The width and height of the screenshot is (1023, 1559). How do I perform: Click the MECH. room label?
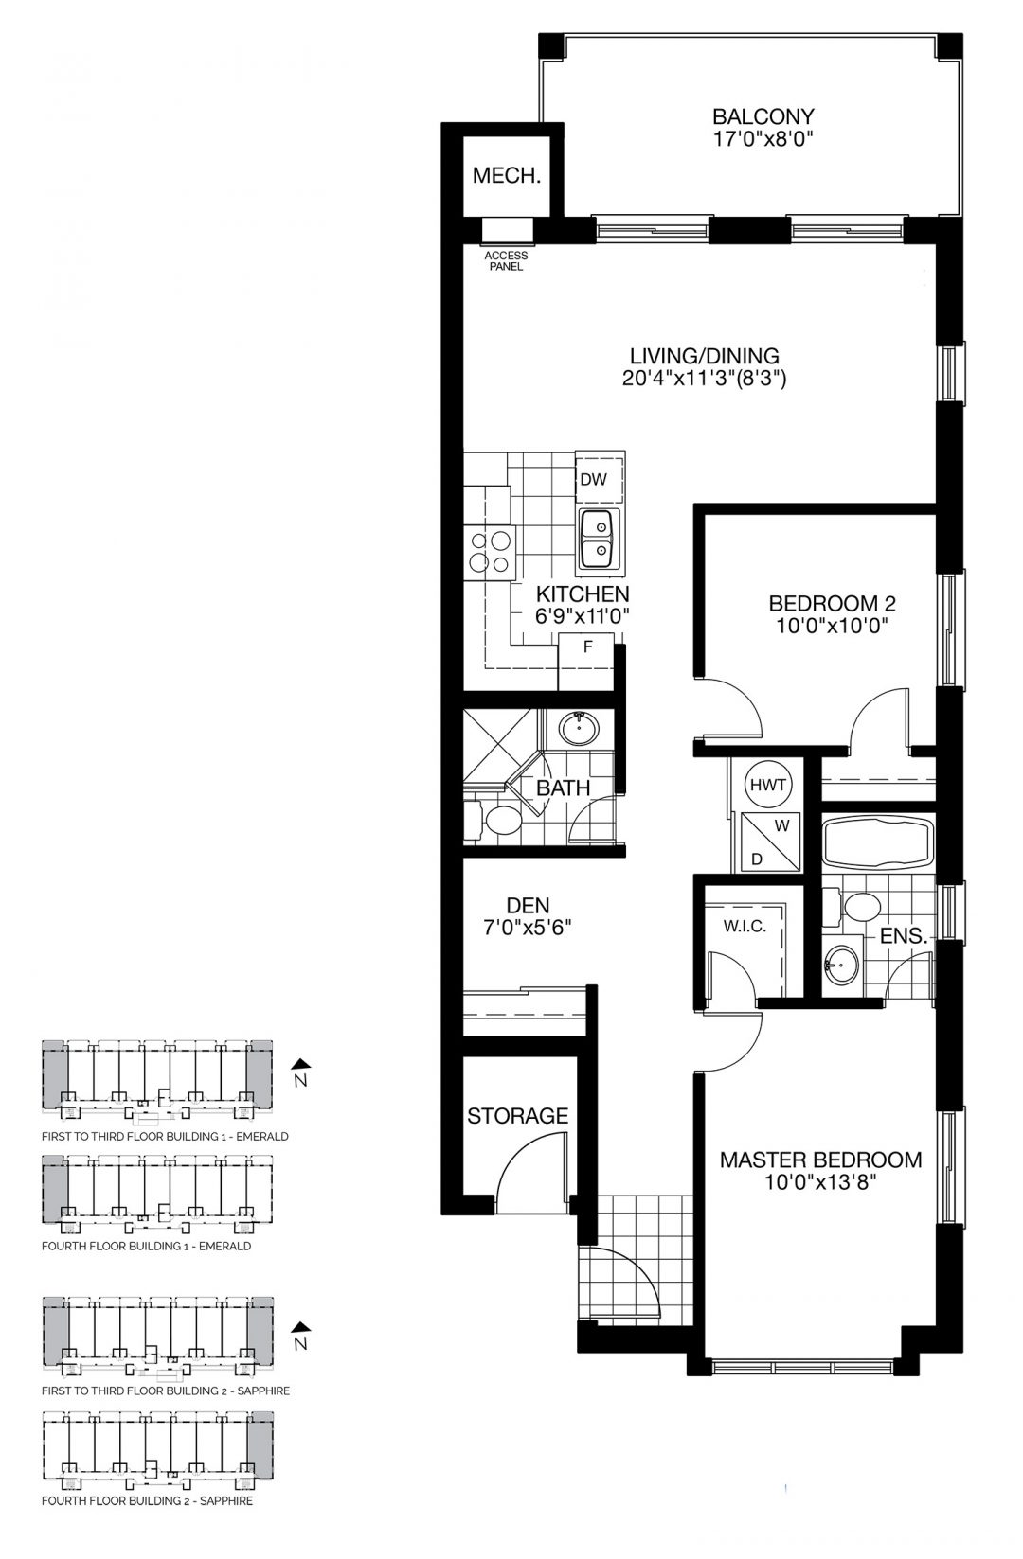[506, 176]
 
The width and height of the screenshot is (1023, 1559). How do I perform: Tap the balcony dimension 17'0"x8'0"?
[763, 139]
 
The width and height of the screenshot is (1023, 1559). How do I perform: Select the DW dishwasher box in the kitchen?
[595, 479]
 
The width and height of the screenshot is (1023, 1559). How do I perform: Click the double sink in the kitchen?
[597, 539]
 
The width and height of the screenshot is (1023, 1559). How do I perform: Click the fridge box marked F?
[587, 648]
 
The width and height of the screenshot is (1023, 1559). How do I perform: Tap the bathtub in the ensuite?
[877, 842]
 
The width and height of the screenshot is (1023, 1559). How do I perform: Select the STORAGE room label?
[517, 1116]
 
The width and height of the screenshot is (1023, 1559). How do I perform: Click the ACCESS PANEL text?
[505, 261]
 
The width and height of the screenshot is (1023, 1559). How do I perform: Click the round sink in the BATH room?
[576, 729]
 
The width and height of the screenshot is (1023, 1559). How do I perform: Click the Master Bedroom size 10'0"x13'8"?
[820, 1184]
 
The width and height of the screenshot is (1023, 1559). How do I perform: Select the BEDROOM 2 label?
[832, 603]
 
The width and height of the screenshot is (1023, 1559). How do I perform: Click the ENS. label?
[902, 936]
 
